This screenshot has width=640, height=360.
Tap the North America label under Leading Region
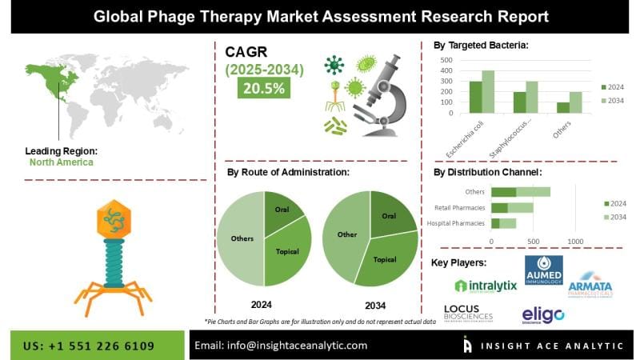pos(61,162)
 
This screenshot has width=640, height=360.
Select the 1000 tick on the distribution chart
pos(574,241)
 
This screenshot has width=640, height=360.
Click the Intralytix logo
pos(485,285)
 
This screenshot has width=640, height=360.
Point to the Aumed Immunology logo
pos(543,273)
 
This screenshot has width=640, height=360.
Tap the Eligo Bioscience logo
pos(543,314)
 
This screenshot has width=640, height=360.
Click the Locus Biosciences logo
pos(468,313)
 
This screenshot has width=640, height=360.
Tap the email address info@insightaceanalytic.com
pos(281,345)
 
